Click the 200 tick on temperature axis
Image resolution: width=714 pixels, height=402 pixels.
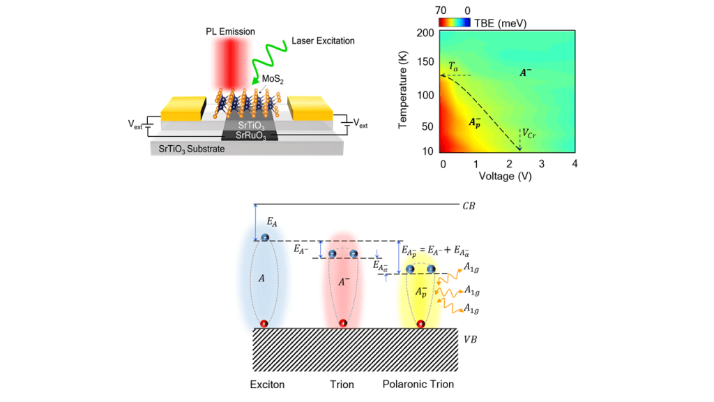(425, 33)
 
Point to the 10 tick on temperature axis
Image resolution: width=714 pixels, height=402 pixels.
(428, 151)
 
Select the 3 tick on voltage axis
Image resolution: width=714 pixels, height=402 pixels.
(541, 163)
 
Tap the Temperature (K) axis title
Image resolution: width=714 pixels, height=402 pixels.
(404, 91)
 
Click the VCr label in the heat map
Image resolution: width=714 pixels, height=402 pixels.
(532, 132)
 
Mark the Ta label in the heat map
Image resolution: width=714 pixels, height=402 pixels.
(454, 67)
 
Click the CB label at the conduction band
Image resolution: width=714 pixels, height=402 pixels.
(469, 206)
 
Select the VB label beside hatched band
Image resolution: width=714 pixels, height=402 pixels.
(471, 338)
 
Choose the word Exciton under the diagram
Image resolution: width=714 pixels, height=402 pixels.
(268, 385)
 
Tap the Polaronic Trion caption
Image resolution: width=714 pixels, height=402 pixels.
(418, 385)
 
